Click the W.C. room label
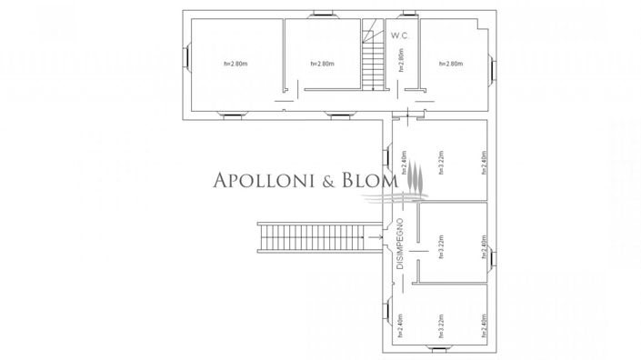pos(401,35)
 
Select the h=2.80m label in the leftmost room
pos(235,64)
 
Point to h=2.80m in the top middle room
pos(323,64)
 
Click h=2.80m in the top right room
pos(451,64)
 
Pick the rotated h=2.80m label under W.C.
pos(401,61)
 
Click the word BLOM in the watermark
pos(368,182)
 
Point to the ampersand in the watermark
pos(327,182)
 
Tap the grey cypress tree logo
pos(414,178)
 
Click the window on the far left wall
pos(187,60)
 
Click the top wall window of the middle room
pos(324,15)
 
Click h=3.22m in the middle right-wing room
pos(440,246)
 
